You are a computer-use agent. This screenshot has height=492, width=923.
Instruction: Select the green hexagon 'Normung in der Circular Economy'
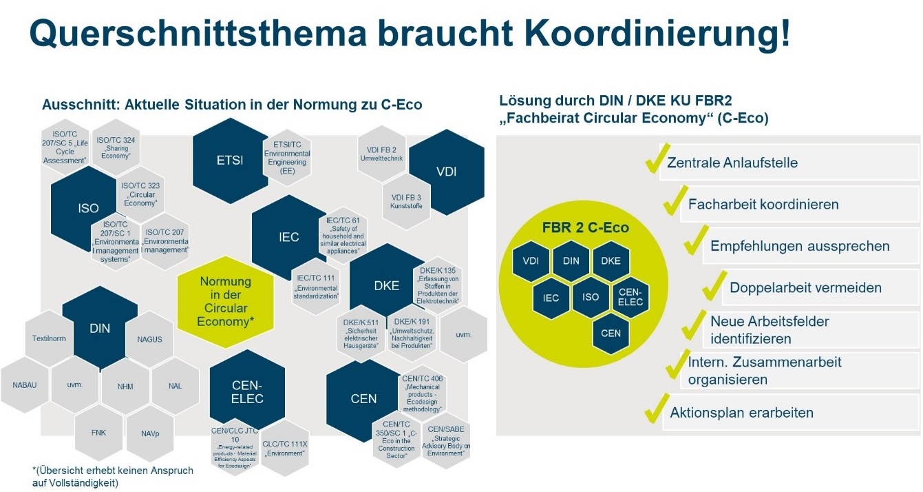click(225, 302)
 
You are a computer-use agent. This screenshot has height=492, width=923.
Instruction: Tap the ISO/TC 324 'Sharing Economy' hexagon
click(116, 147)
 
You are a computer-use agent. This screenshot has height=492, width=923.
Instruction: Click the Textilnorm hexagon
click(48, 338)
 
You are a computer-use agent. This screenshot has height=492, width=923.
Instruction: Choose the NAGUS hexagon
click(149, 338)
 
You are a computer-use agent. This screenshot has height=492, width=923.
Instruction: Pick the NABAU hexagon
click(25, 385)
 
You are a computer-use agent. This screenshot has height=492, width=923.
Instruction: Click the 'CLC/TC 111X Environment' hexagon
click(285, 448)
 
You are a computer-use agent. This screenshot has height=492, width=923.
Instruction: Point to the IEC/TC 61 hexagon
click(343, 235)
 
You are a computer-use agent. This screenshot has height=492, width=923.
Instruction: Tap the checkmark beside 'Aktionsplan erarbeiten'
click(654, 411)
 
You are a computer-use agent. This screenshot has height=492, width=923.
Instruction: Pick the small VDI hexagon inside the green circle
click(531, 260)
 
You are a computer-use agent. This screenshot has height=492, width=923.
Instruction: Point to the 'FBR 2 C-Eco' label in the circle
click(585, 228)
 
